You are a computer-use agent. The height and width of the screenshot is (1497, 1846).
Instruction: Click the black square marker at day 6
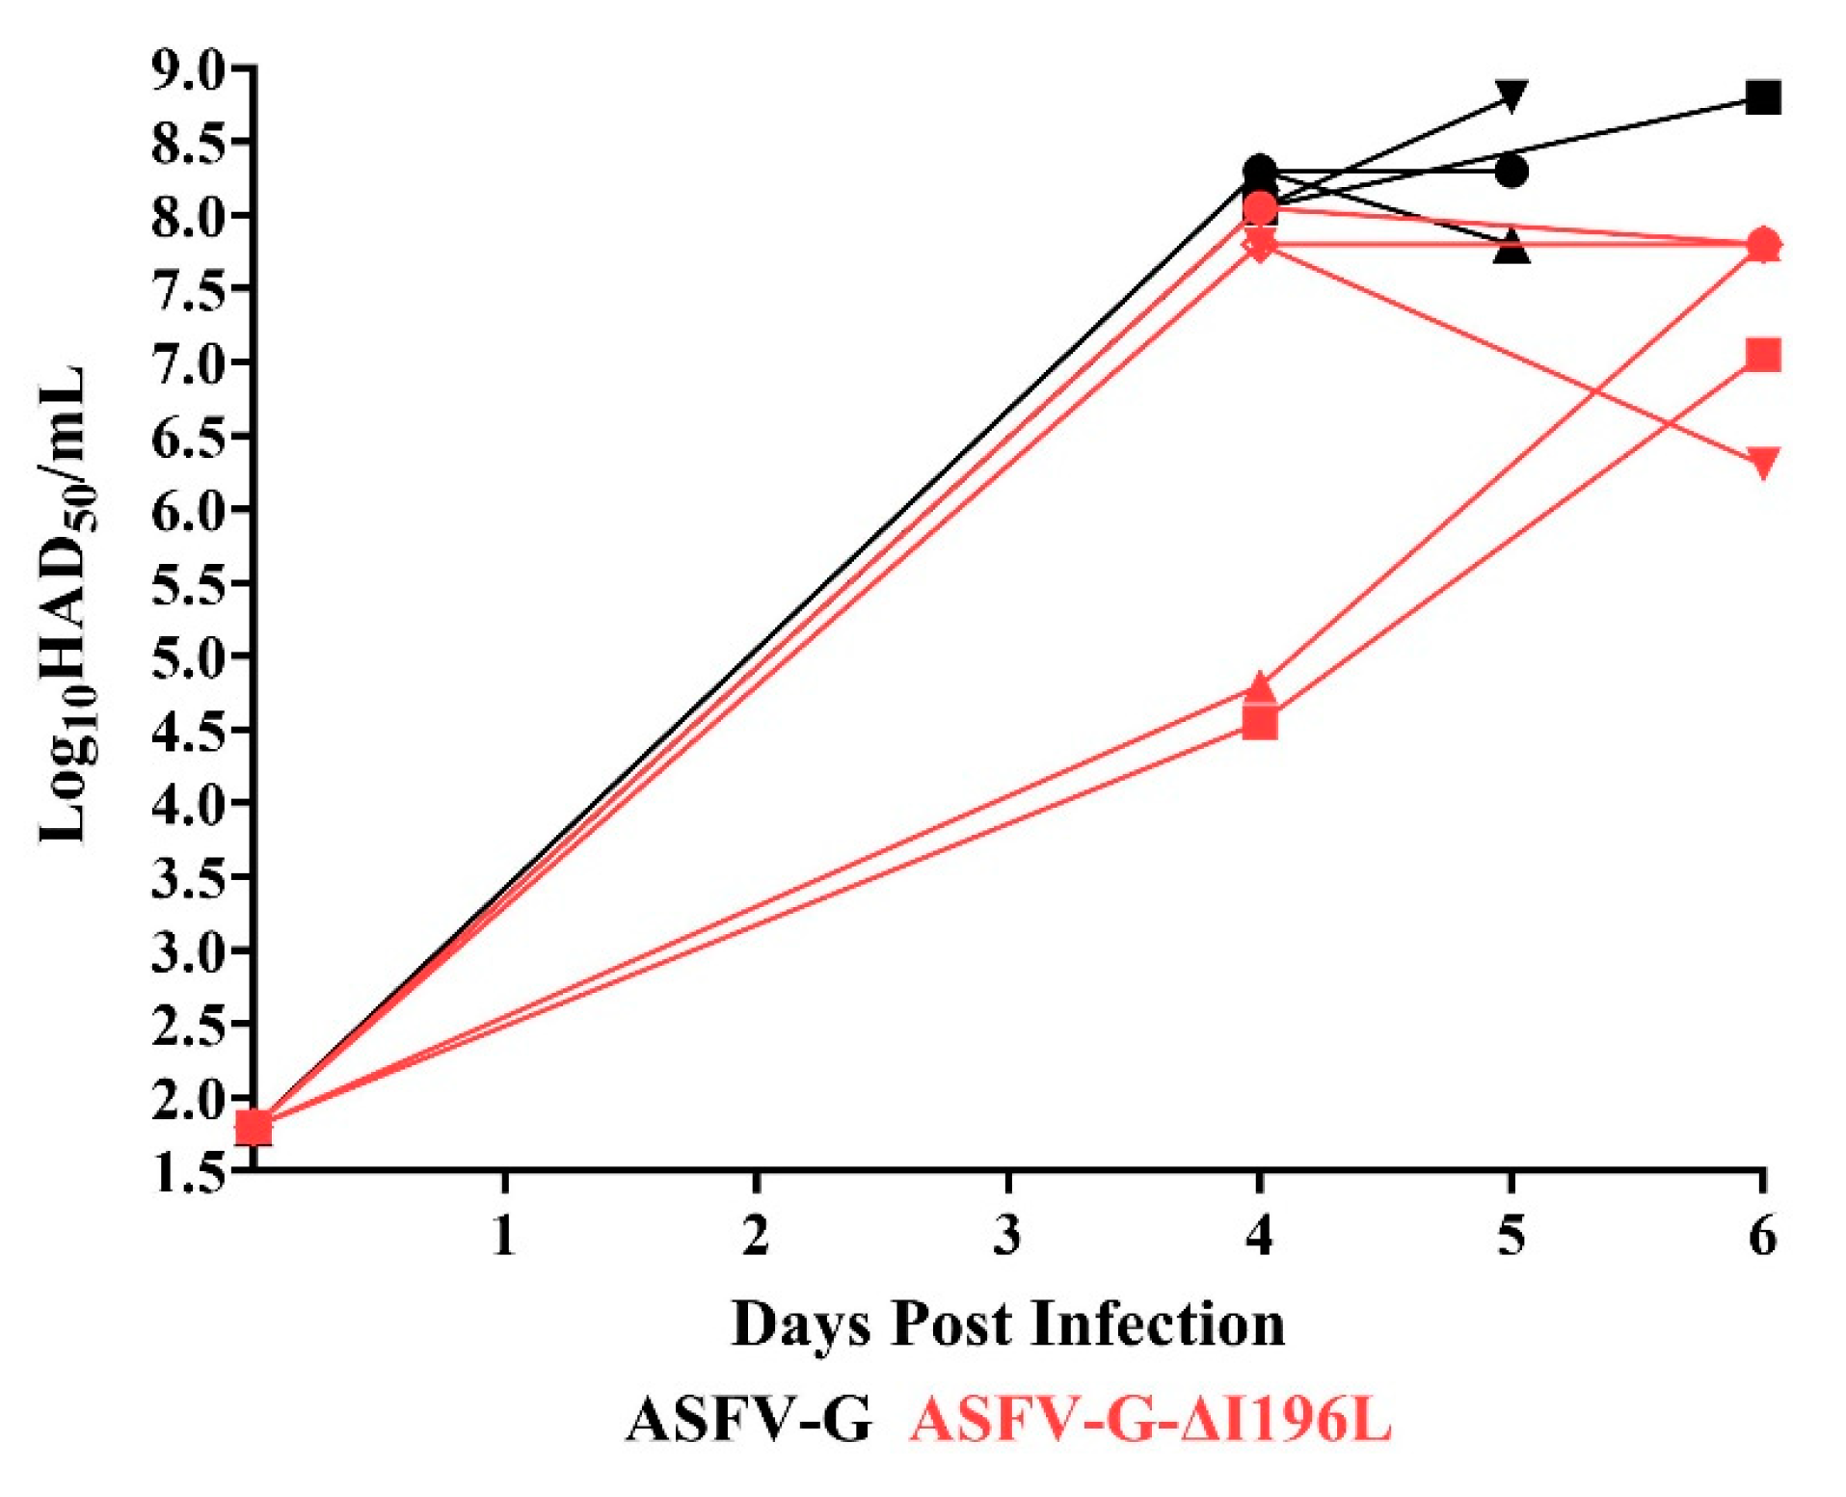coord(1763,97)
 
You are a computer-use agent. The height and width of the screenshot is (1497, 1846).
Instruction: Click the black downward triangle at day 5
coord(1511,95)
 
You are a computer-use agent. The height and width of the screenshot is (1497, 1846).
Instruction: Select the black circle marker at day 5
coord(1512,173)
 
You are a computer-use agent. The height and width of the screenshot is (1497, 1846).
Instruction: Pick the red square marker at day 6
coord(1763,355)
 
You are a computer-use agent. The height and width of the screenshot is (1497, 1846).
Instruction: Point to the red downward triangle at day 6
coord(1763,463)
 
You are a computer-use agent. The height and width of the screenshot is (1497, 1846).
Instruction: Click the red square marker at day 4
coord(1260,721)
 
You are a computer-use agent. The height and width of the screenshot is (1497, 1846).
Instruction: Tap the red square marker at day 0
coord(254,1126)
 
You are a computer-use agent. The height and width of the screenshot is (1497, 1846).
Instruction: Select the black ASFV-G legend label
coord(749,1419)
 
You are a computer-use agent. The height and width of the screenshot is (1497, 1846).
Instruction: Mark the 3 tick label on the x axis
coord(1007,1235)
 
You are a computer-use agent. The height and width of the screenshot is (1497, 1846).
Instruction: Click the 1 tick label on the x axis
coord(503,1235)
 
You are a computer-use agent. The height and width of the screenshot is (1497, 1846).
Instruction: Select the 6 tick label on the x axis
coord(1763,1235)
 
